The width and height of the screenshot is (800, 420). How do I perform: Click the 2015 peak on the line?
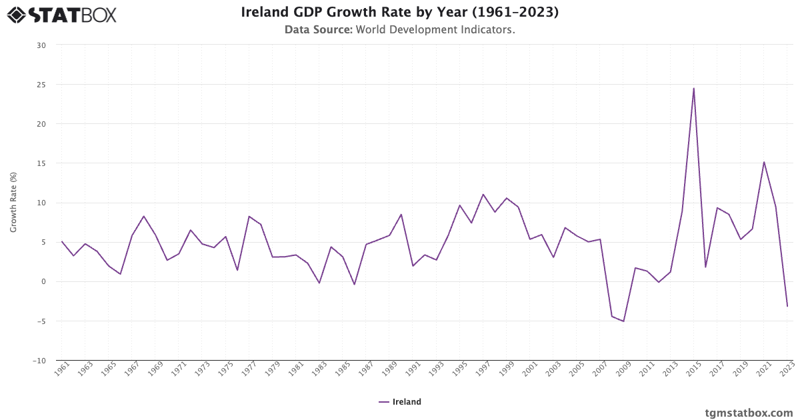(693, 89)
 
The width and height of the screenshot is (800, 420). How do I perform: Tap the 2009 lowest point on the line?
(623, 321)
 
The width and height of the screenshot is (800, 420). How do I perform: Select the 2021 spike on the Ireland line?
(764, 162)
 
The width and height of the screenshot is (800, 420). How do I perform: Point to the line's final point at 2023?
(787, 306)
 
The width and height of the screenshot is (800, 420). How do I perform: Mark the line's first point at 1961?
(61, 241)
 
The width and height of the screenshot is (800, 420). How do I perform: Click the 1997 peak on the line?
(483, 195)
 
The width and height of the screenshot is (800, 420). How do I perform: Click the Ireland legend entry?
(400, 402)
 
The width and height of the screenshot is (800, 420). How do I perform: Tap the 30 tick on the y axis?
(41, 45)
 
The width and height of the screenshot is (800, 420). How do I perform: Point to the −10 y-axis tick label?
(39, 361)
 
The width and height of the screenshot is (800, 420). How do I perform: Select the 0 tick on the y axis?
(44, 282)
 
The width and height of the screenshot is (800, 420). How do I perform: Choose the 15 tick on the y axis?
(41, 163)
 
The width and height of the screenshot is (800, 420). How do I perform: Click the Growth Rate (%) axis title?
(13, 203)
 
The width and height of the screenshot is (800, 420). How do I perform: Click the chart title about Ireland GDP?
(399, 13)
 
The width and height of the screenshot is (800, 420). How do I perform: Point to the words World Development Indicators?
(435, 30)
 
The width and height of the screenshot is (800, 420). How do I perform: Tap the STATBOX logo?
(61, 15)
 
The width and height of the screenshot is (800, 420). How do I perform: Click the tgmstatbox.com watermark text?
(749, 413)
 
